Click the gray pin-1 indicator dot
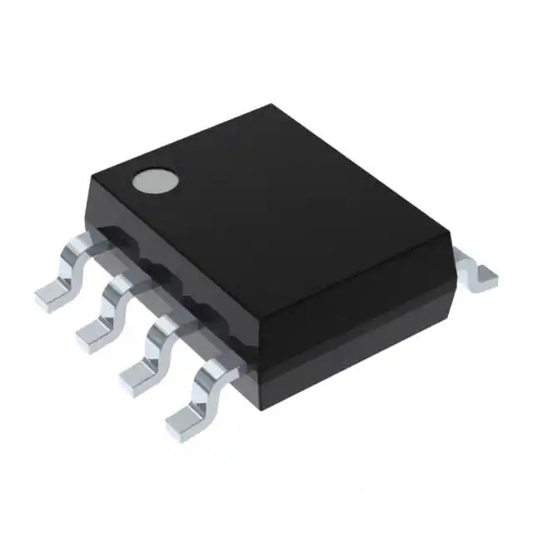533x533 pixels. click(156, 181)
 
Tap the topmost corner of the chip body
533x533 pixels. click(273, 106)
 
